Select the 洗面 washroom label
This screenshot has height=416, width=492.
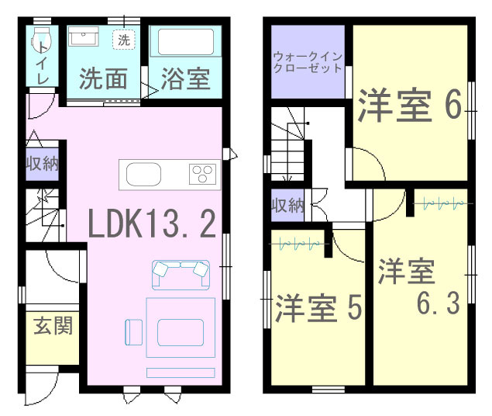[103, 80]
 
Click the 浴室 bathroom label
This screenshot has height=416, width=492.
[185, 80]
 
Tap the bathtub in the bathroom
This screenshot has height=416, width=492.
[185, 43]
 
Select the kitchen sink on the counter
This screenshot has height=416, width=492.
[142, 175]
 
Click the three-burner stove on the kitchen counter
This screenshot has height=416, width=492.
[204, 174]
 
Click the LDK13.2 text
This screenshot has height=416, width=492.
[150, 224]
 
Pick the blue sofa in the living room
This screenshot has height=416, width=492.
[181, 272]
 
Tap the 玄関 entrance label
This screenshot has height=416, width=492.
[53, 325]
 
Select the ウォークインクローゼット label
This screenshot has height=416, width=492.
[307, 62]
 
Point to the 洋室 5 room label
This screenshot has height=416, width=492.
[318, 308]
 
